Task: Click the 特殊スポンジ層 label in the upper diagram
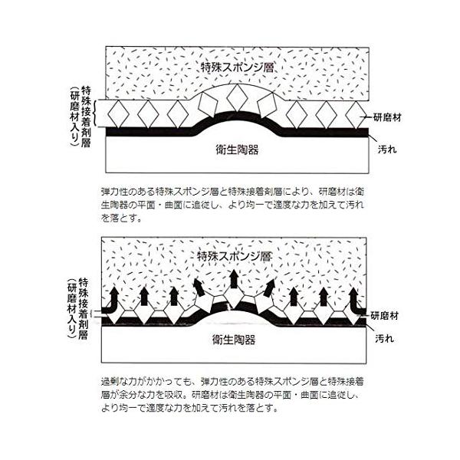click(x=237, y=67)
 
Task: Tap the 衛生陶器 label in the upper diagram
click(x=235, y=150)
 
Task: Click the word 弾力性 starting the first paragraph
click(x=112, y=188)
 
